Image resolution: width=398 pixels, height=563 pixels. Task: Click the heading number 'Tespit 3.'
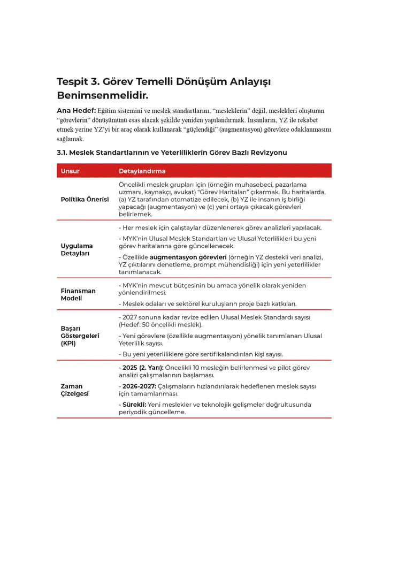[78, 82]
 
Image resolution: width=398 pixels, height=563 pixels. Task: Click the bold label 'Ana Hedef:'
[76, 111]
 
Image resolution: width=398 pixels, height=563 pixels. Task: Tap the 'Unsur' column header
[70, 171]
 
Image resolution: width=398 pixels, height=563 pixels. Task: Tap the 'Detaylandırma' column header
[142, 171]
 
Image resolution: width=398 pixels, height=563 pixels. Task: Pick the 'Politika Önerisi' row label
[85, 199]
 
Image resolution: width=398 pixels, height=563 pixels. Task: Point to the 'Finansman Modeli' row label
[78, 294]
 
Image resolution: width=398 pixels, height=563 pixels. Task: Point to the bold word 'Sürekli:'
[133, 405]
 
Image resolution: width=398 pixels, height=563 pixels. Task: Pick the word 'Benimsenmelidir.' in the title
[102, 95]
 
